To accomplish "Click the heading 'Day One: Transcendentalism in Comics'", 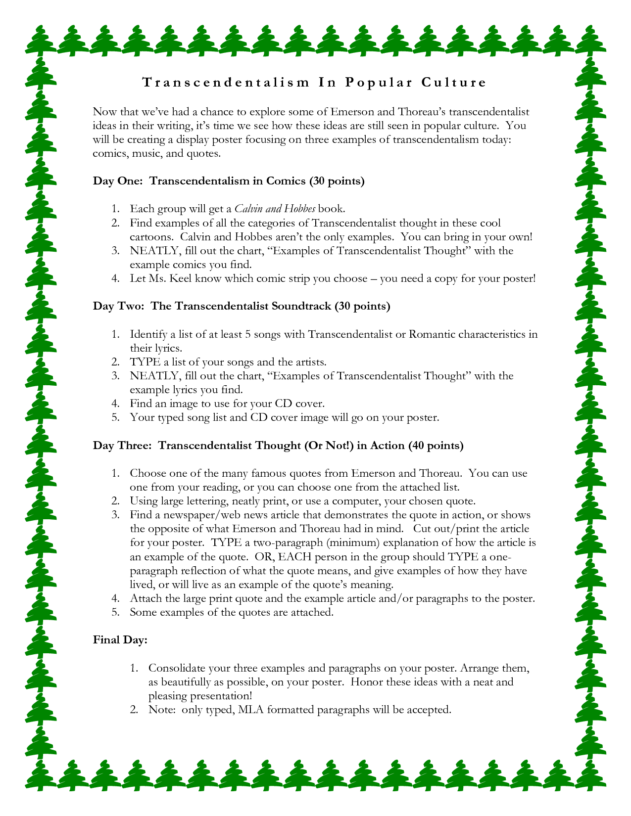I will (x=229, y=181).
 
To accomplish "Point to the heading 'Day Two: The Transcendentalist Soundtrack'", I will (x=242, y=306).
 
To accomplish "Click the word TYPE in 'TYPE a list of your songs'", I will (x=145, y=362).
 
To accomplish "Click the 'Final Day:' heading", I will (x=120, y=640).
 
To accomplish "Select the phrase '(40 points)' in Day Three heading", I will (x=436, y=446).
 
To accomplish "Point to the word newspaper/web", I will (x=208, y=515).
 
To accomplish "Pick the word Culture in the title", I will (x=454, y=82).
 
